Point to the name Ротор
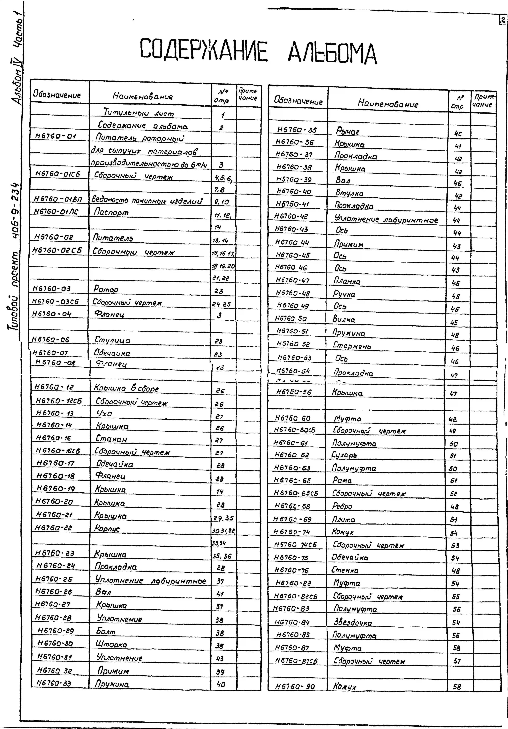coord(106,289)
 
